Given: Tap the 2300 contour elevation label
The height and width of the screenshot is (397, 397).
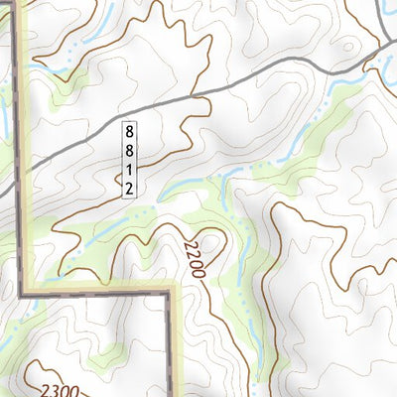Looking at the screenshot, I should click(x=62, y=365).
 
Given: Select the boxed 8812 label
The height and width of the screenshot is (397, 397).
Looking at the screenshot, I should click(x=129, y=158).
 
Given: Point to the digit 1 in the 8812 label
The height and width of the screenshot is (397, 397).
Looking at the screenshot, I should click(x=129, y=167).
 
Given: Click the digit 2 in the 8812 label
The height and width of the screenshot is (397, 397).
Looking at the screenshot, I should click(x=129, y=186).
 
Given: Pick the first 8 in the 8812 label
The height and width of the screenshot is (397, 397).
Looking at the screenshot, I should click(x=129, y=130).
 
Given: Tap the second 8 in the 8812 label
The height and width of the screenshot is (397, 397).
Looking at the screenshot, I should click(x=129, y=148).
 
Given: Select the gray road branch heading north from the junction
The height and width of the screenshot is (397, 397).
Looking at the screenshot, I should click(x=381, y=20).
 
